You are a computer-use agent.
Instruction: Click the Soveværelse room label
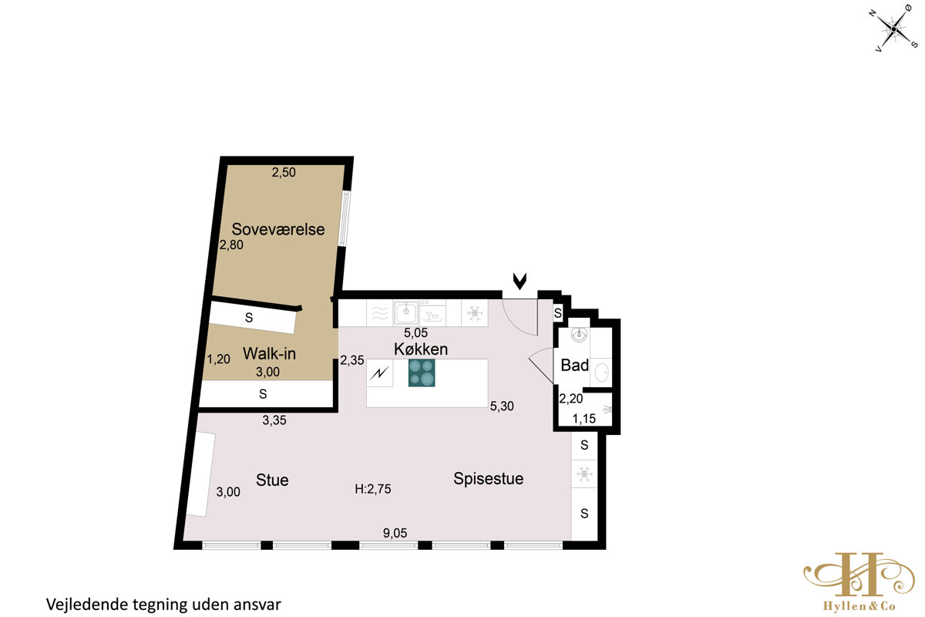278,229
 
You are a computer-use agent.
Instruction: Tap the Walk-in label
269,354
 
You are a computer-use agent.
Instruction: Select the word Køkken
421,349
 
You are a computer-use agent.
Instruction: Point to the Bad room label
575,366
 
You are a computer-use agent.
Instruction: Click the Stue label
272,480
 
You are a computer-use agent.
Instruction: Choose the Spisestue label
489,478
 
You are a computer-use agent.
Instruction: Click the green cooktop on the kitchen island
422,373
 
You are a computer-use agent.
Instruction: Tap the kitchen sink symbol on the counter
406,313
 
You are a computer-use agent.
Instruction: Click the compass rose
893,30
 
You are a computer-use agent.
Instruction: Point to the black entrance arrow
520,281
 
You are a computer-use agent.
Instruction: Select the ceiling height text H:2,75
373,489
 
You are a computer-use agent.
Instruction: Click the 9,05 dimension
395,533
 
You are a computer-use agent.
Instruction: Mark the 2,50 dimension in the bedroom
284,172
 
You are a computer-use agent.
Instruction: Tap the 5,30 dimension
502,406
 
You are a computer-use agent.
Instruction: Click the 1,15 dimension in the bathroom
584,419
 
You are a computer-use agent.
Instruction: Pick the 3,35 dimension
274,420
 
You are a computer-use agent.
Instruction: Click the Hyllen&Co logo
859,582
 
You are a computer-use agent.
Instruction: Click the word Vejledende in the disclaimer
87,605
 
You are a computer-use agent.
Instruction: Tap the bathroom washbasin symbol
580,335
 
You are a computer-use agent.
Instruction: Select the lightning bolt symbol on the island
379,373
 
